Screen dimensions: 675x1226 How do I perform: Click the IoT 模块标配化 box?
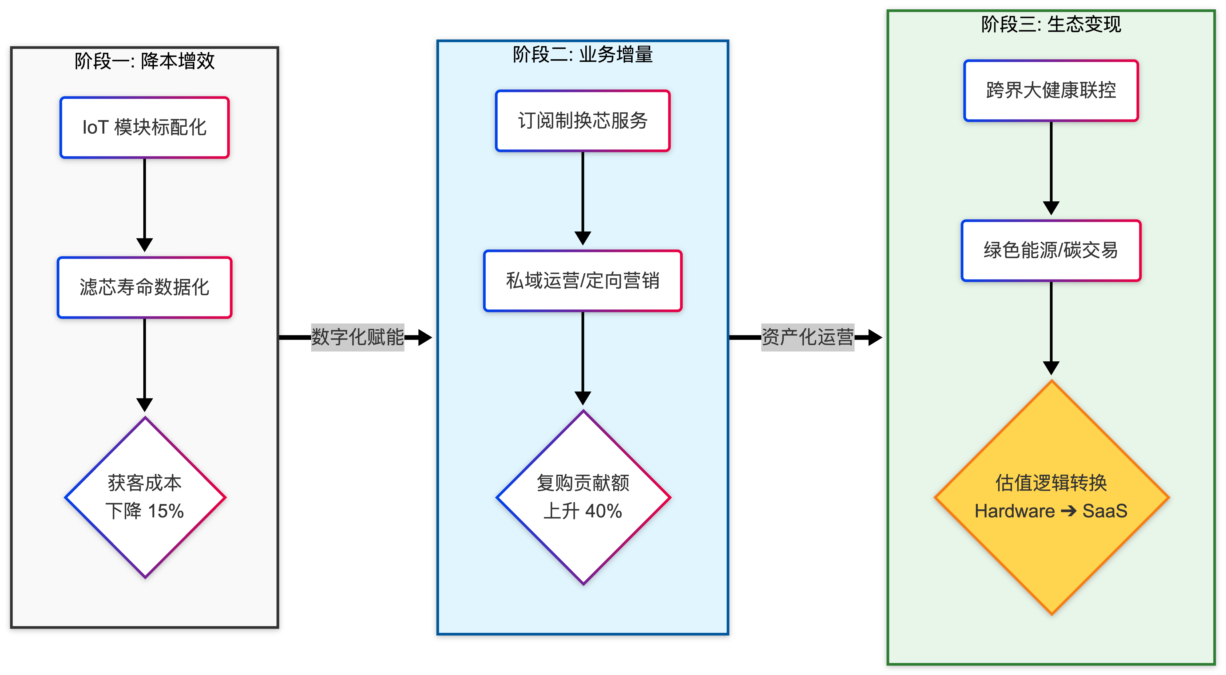tap(144, 127)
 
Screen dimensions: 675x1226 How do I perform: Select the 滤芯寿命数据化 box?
tap(144, 287)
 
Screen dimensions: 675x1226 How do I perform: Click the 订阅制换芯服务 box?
tap(582, 121)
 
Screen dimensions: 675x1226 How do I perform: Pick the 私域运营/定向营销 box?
tap(582, 281)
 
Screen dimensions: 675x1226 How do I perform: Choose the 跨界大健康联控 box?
tap(1051, 90)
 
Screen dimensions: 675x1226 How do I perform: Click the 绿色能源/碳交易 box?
tap(1051, 250)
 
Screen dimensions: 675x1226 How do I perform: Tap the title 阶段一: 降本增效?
tap(144, 61)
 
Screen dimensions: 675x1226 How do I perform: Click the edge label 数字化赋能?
tap(358, 337)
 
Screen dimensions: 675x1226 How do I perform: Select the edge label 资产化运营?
tap(808, 337)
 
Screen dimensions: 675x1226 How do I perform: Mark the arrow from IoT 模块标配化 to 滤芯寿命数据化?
tap(144, 205)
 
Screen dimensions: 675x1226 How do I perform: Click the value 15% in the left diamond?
tap(166, 511)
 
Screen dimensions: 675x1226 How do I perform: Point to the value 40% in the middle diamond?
tap(604, 511)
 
